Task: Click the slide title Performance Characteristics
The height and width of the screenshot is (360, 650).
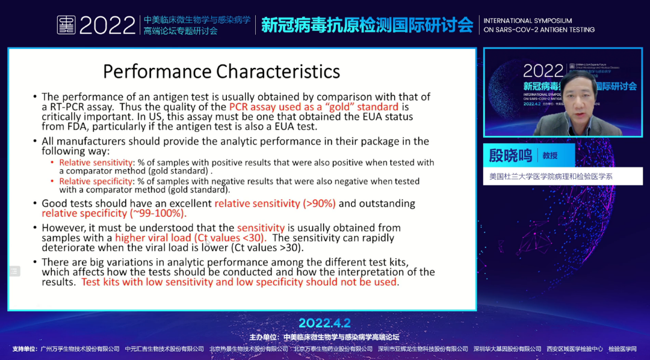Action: (x=221, y=71)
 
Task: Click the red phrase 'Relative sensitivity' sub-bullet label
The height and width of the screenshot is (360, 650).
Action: (x=96, y=163)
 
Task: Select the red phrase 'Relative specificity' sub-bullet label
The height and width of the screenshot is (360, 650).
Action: (x=95, y=181)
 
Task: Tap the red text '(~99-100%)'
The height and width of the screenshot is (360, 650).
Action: (x=158, y=213)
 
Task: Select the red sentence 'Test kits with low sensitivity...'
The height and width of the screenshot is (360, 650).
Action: (x=239, y=282)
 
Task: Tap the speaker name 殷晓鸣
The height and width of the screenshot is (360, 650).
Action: (x=510, y=155)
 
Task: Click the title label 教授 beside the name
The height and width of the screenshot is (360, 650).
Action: (x=550, y=155)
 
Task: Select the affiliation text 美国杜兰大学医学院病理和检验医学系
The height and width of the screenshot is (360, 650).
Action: (x=551, y=177)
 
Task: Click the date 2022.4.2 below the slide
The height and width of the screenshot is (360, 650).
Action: (x=324, y=323)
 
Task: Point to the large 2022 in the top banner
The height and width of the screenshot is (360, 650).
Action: (x=107, y=25)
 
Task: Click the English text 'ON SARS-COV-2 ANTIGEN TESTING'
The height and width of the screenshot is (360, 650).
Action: (x=539, y=29)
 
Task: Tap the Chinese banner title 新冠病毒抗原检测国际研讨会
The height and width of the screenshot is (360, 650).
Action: (x=367, y=25)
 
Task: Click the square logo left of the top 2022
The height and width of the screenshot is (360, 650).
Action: (x=66, y=25)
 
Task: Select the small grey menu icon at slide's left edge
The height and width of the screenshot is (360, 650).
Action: (x=14, y=271)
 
